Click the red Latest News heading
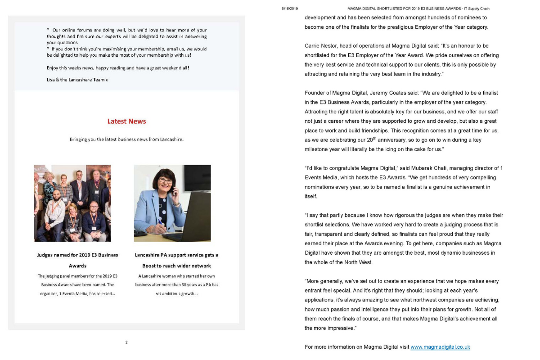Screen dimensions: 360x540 pos(126,121)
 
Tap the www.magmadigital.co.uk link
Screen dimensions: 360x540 pos(440,347)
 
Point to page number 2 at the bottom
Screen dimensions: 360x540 pos(126,342)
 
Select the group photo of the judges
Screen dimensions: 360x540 pos(72,203)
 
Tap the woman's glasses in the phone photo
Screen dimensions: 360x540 pos(165,181)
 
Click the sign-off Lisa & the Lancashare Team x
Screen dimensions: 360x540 pos(77,80)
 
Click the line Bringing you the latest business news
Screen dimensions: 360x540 pos(126,139)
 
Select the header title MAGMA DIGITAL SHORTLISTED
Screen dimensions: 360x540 pos(418,9)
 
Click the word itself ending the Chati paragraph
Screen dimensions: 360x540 pos(311,197)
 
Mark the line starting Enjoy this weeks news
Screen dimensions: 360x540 pos(118,68)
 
